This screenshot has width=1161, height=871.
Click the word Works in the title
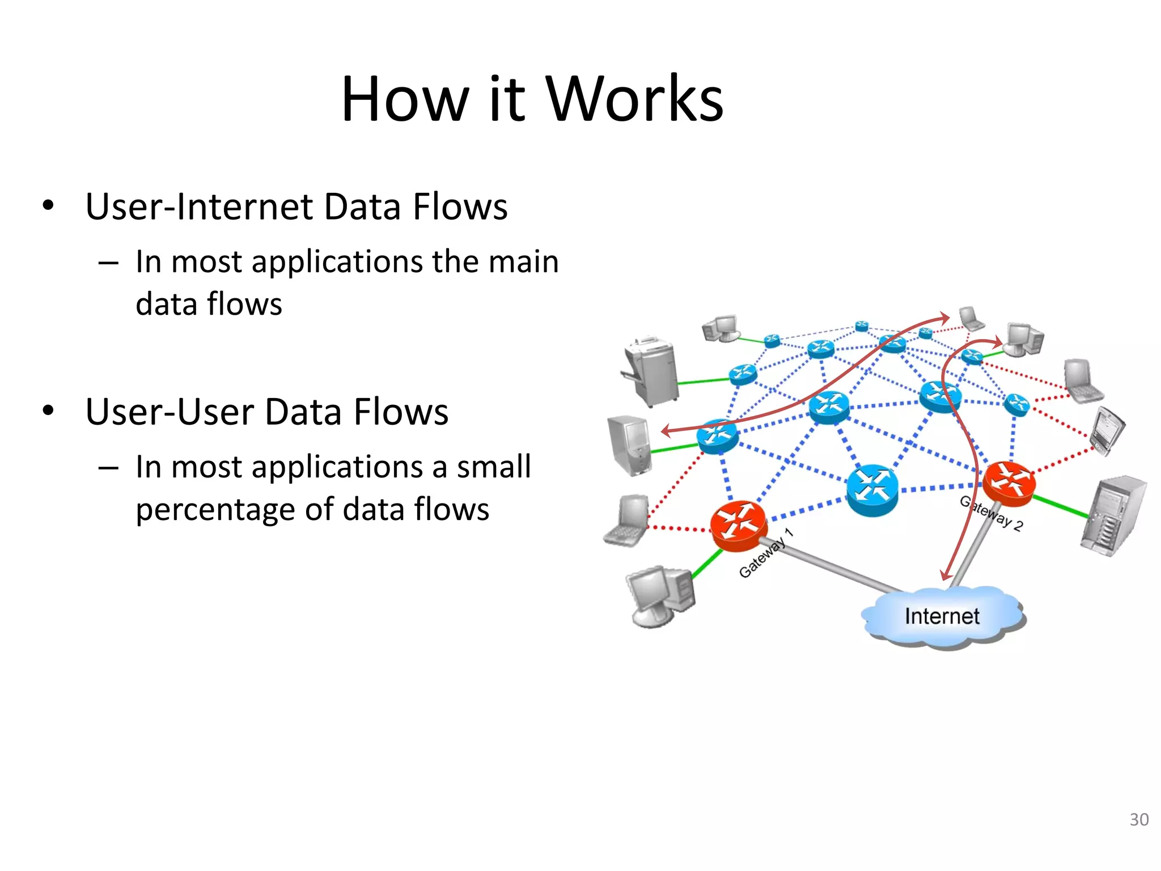click(x=634, y=100)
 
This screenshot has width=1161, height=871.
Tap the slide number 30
click(x=1139, y=819)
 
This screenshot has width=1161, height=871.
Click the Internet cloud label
click(x=942, y=616)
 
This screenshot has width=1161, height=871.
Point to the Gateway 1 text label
click(x=765, y=553)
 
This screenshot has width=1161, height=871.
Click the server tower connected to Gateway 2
click(x=1112, y=516)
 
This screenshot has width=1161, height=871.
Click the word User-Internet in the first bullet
click(x=198, y=206)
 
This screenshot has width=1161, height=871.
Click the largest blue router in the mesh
click(x=872, y=489)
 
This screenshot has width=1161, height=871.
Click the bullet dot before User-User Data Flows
click(x=48, y=411)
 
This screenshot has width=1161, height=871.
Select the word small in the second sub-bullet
click(x=494, y=467)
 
